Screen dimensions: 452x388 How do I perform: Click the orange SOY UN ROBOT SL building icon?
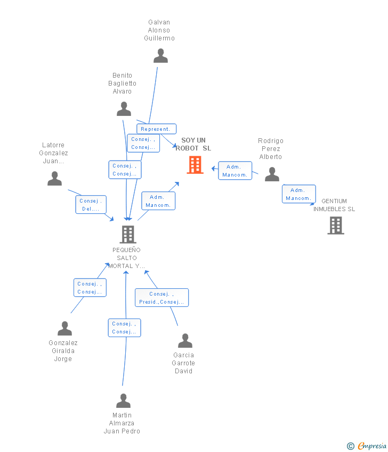pos(195,165)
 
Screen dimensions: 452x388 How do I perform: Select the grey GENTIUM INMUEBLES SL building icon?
pos(335,225)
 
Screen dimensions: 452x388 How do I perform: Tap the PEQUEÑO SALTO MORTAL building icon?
pos(127,234)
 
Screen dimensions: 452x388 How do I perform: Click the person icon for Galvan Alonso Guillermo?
pos(160,56)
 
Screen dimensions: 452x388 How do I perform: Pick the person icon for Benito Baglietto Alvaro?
pos(124,109)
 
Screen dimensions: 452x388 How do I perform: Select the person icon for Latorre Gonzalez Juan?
pos(54,179)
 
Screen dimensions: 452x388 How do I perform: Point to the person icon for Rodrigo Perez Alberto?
pos(272,174)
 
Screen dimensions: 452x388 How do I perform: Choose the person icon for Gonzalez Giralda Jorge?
pos(64,329)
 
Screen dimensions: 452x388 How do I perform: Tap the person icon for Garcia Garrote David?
pos(185,340)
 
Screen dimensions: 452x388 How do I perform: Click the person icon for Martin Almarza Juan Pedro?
pos(123,401)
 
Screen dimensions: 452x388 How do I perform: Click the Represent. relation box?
pos(156,129)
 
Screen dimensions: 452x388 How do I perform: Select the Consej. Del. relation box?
pos(91,205)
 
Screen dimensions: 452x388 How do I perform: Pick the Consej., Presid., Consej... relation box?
pos(161,298)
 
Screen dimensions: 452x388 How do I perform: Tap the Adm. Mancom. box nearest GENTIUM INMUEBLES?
pos(298,194)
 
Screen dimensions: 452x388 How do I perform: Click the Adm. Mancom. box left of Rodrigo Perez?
pos(235,171)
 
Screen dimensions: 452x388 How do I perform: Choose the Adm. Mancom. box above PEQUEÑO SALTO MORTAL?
pos(158,201)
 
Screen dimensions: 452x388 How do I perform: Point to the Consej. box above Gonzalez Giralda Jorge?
pos(90,288)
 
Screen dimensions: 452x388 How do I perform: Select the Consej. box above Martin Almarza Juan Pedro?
pos(124,328)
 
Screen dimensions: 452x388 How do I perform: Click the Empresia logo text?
pos(371,446)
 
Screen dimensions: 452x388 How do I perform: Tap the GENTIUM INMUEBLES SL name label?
pos(334,205)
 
